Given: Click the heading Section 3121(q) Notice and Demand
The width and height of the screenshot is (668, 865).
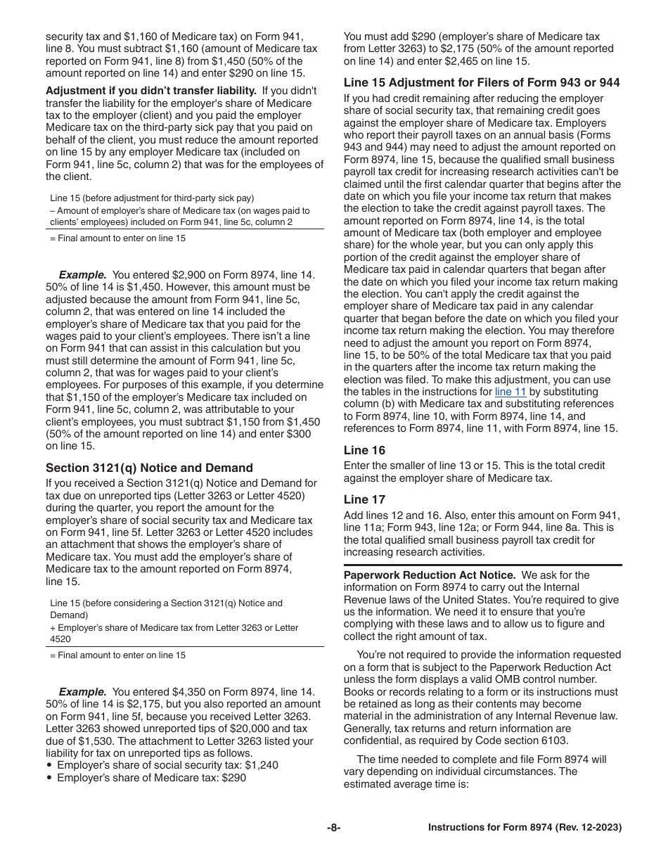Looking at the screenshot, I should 149,468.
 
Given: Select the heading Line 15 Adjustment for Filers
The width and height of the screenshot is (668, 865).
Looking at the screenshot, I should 482,82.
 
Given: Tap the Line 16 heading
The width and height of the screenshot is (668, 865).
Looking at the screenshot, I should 364,450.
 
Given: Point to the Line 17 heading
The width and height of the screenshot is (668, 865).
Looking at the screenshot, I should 364,499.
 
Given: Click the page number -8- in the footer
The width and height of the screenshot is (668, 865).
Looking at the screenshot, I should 333,828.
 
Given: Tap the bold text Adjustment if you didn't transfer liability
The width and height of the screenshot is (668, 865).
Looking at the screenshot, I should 151,91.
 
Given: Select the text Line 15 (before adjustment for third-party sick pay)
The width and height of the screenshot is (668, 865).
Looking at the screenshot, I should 152,198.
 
